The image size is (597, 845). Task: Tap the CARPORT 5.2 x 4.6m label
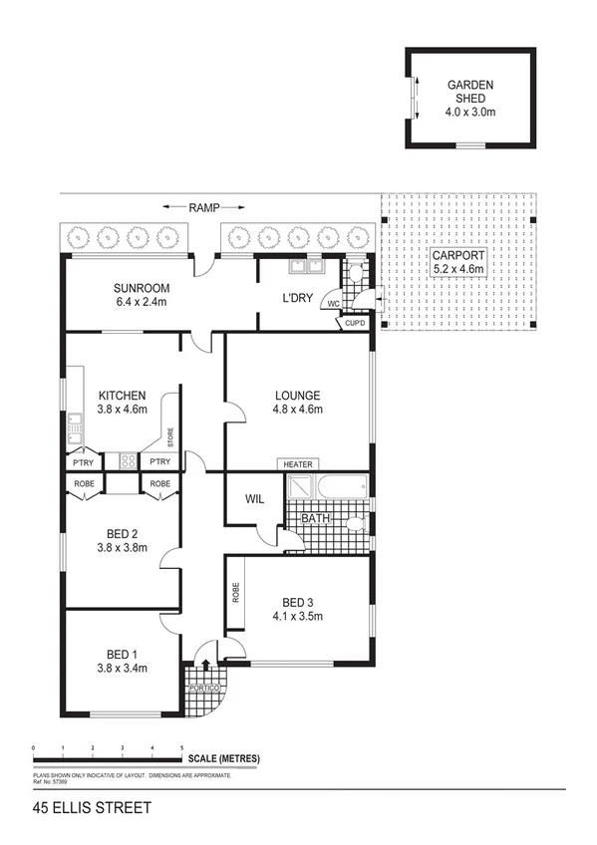click(458, 262)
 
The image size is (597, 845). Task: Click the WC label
click(334, 304)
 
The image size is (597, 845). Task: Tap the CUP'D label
click(355, 323)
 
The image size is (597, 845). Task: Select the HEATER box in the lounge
click(298, 464)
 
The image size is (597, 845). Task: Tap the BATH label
click(315, 517)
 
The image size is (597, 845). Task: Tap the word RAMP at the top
click(203, 207)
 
